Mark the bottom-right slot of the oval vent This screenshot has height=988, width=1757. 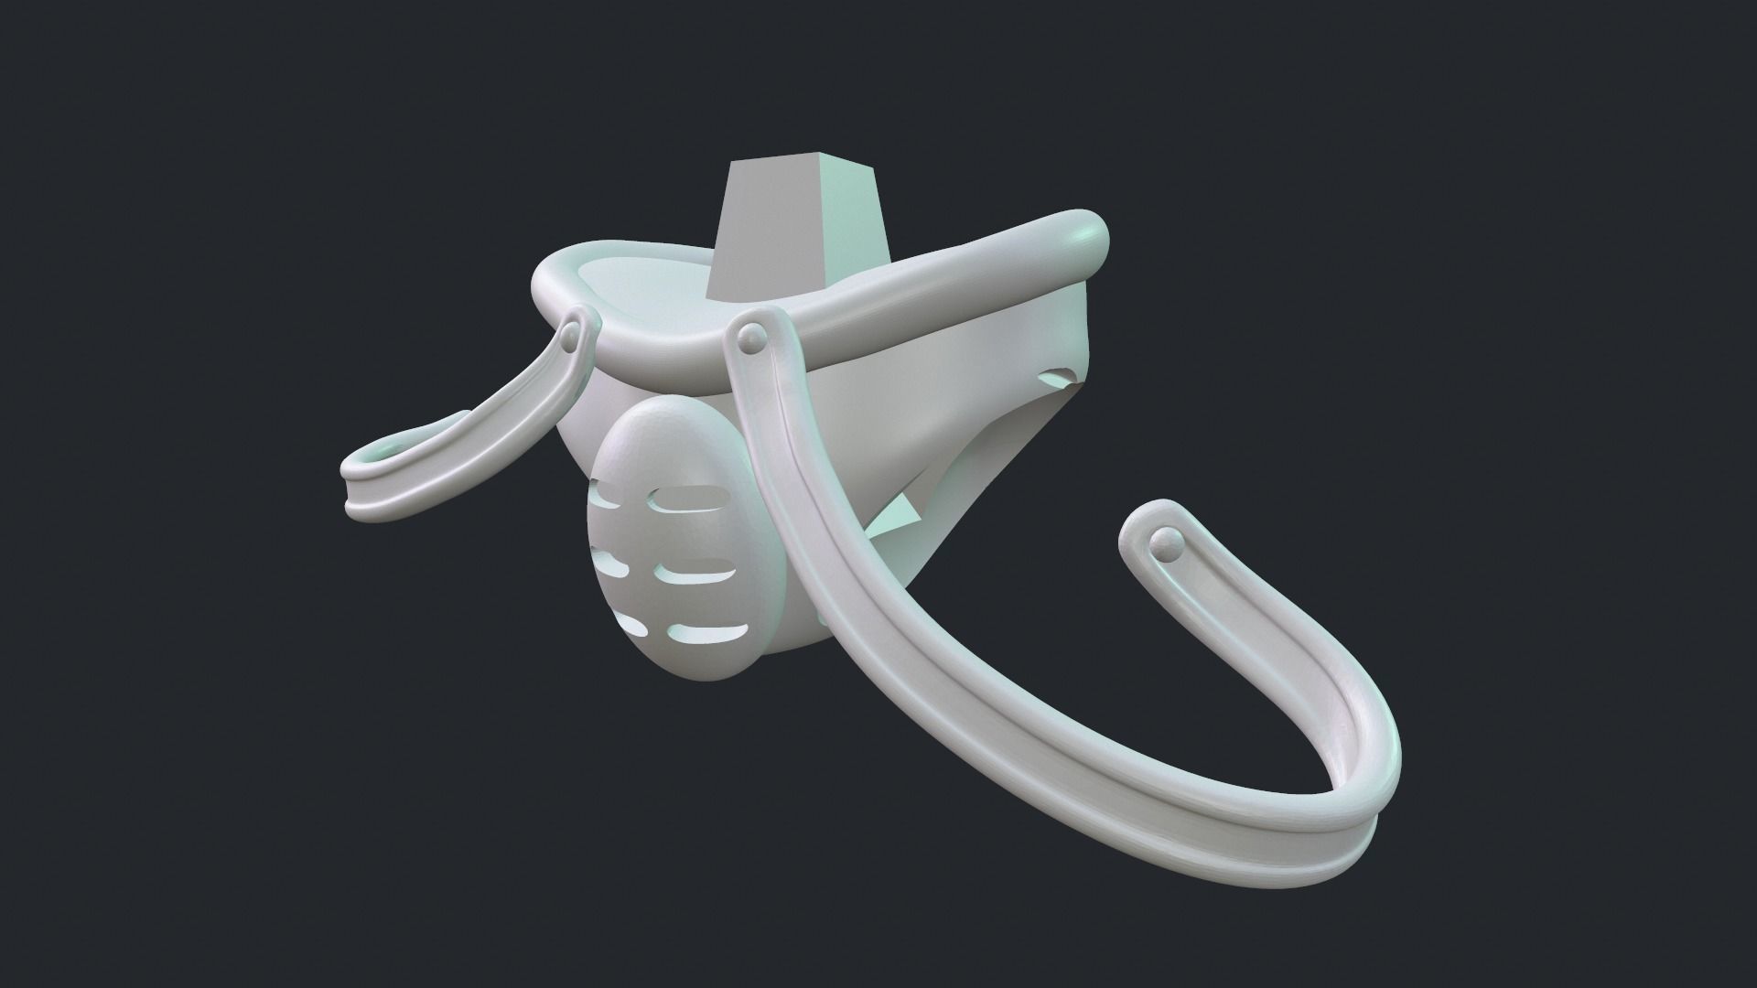point(709,630)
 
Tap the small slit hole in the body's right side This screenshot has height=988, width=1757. point(1062,377)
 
